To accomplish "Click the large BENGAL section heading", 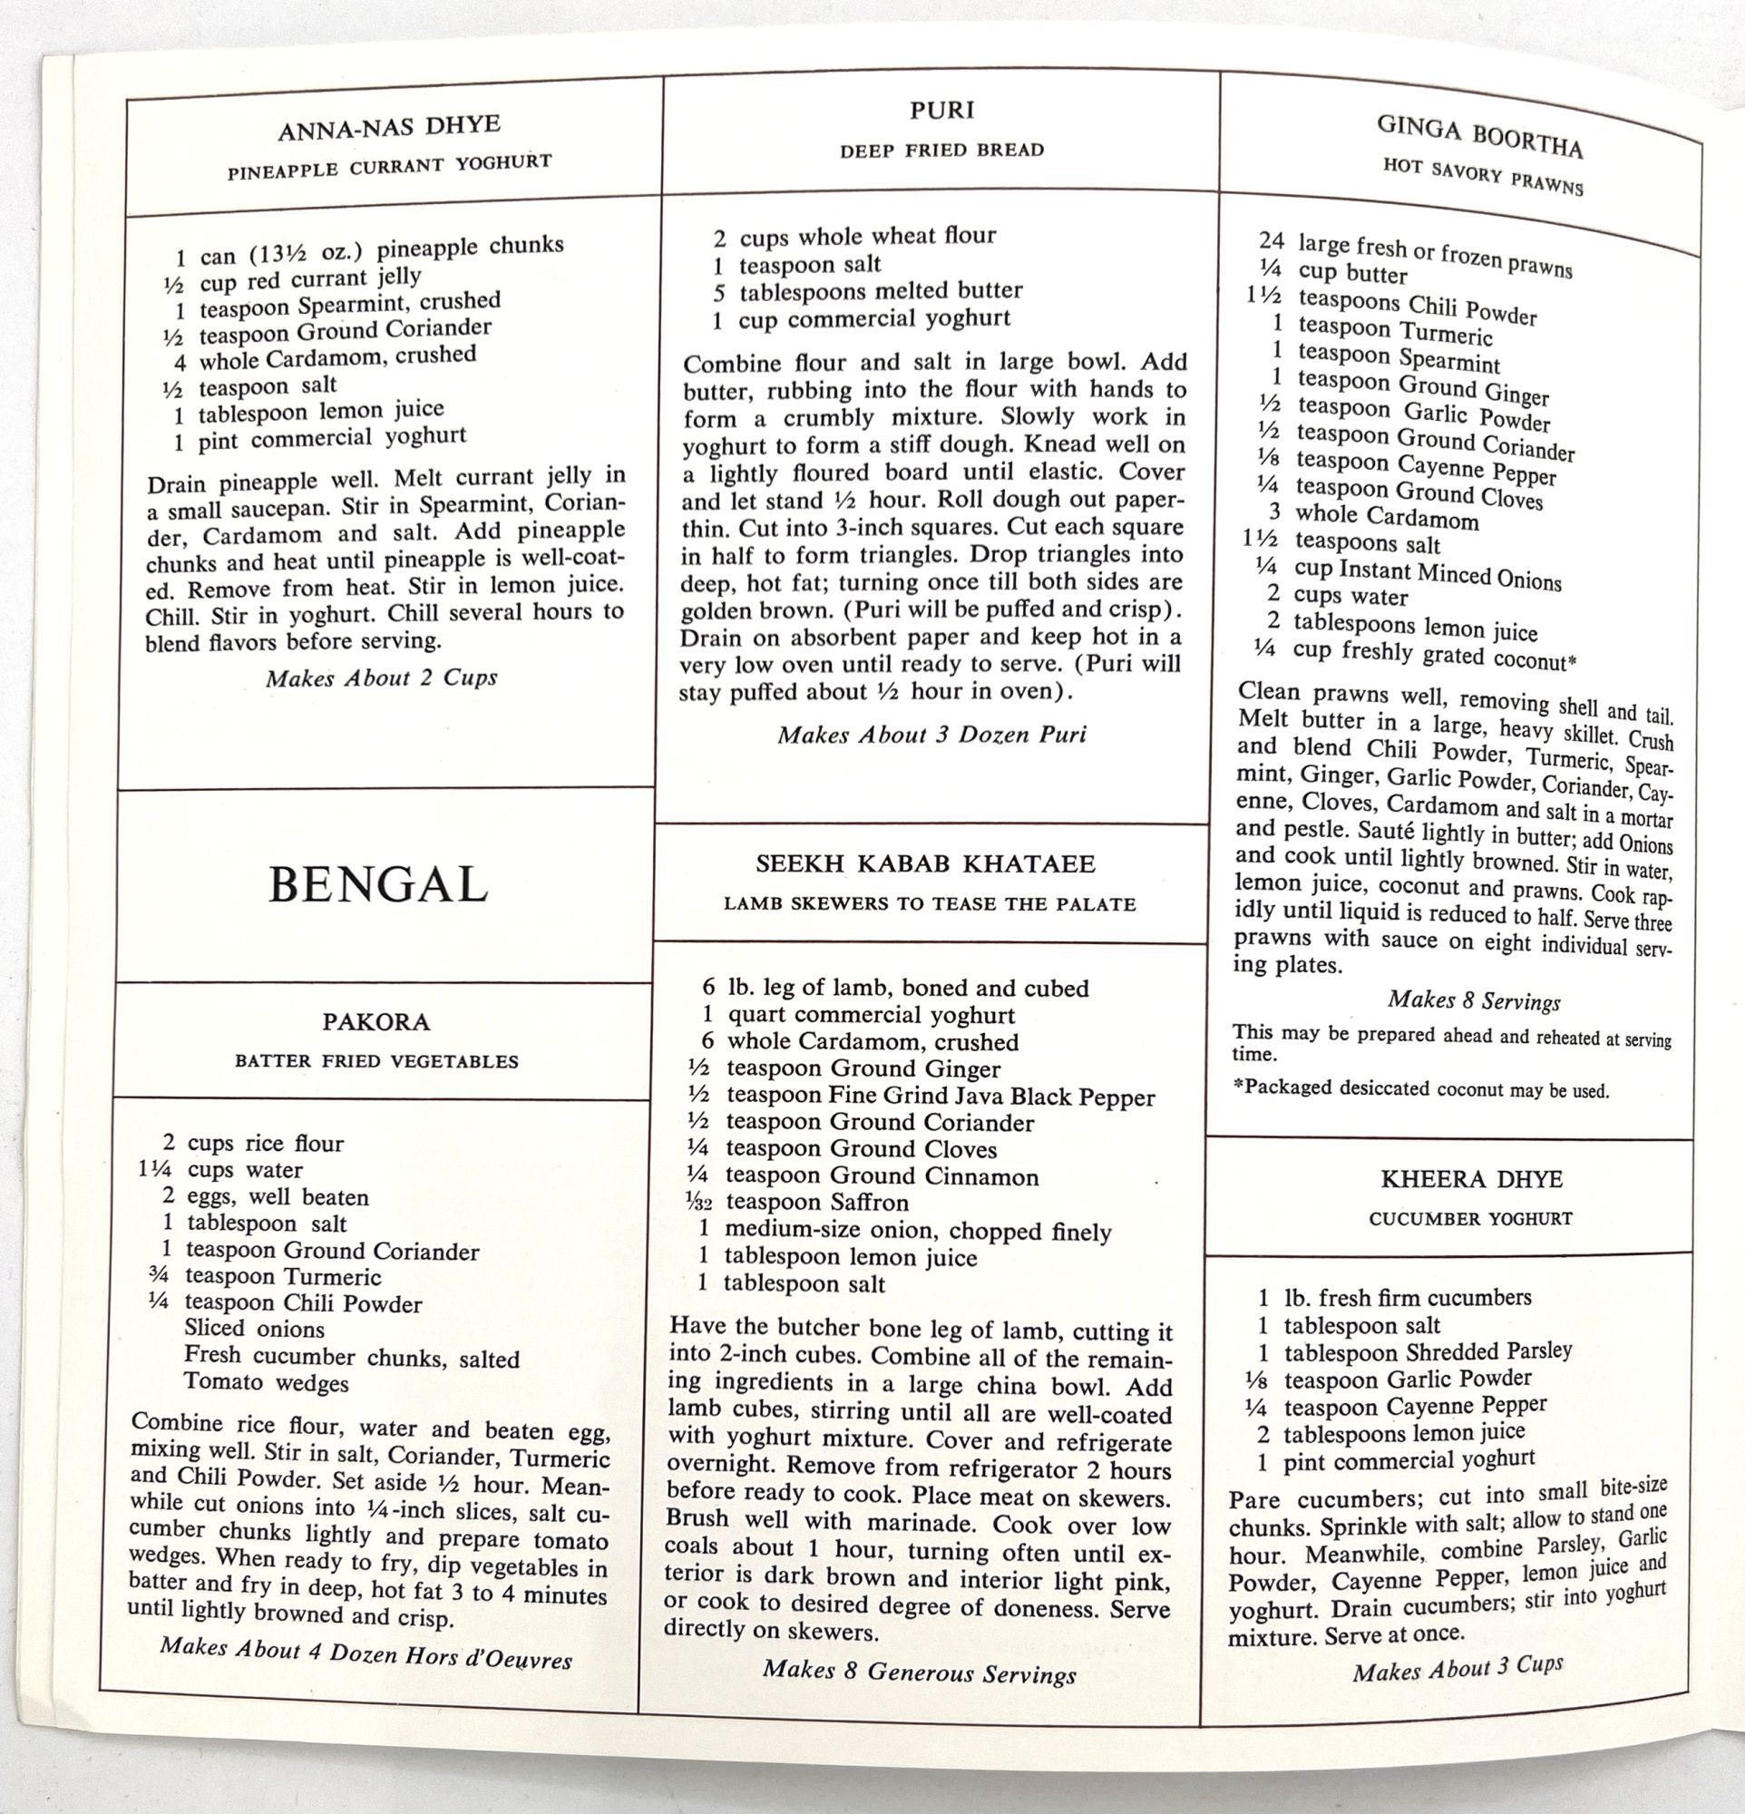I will coord(377,885).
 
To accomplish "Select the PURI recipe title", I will coord(942,111).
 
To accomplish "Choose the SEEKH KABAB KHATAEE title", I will coord(925,864).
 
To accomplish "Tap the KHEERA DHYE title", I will coord(1471,1180).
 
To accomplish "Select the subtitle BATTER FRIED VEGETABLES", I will coord(375,1061).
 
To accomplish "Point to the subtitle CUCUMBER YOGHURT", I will coord(1470,1219).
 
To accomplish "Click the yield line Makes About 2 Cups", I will coord(381,678).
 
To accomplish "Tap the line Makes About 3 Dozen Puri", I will coord(931,735).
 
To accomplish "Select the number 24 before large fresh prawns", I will coord(1272,240).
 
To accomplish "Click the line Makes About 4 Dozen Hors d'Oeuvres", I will coord(366,1653).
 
